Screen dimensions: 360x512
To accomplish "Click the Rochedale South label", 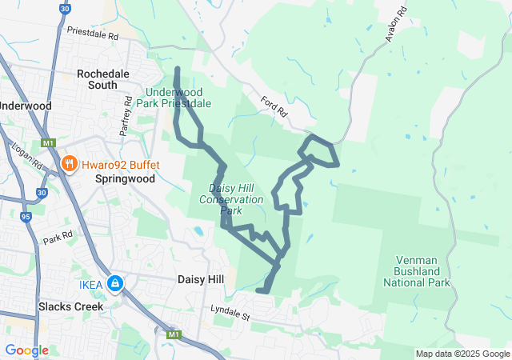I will pyautogui.click(x=108, y=79).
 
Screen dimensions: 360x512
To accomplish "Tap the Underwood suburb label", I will pyautogui.click(x=26, y=106).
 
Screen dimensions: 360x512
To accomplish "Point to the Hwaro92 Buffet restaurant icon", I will pyautogui.click(x=70, y=165).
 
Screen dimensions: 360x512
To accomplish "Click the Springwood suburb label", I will pyautogui.click(x=124, y=179).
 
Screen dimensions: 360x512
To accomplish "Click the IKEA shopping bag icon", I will pyautogui.click(x=116, y=283).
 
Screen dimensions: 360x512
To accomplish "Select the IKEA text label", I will pyautogui.click(x=91, y=284).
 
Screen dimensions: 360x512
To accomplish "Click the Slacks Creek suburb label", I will pyautogui.click(x=71, y=306).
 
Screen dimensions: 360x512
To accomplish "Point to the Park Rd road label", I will pyautogui.click(x=58, y=238).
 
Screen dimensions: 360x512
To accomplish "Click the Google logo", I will pyautogui.click(x=26, y=350).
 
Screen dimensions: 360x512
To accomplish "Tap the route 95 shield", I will pyautogui.click(x=26, y=216).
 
